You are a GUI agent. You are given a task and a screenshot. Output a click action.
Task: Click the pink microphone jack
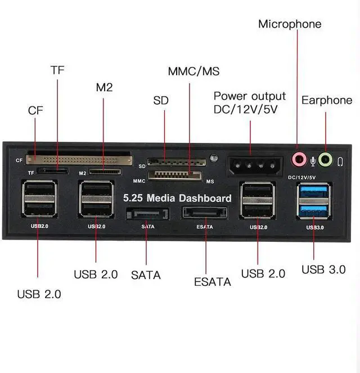pyautogui.click(x=298, y=160)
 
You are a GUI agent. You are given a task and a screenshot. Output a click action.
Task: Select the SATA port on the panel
pyautogui.click(x=146, y=214)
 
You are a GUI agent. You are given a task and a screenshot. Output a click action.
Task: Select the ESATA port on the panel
pyautogui.click(x=205, y=214)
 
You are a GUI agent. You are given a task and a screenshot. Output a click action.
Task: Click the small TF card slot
pyautogui.click(x=53, y=170)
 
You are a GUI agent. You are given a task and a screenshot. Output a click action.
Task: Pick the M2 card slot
pyautogui.click(x=105, y=170)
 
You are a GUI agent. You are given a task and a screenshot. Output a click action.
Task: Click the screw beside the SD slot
pyautogui.click(x=213, y=159)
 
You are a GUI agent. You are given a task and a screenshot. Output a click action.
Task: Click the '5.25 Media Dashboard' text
pyautogui.click(x=177, y=198)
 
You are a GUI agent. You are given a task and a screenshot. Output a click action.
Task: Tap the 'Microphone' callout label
pyautogui.click(x=290, y=24)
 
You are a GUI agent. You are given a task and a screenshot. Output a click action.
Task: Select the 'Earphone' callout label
pyautogui.click(x=327, y=100)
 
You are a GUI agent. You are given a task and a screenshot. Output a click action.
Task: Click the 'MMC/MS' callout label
pyautogui.click(x=193, y=72)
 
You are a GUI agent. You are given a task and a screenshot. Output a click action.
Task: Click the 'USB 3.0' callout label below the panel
pyautogui.click(x=323, y=269)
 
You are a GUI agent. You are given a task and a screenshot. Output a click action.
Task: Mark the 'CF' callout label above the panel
pyautogui.click(x=35, y=111)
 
